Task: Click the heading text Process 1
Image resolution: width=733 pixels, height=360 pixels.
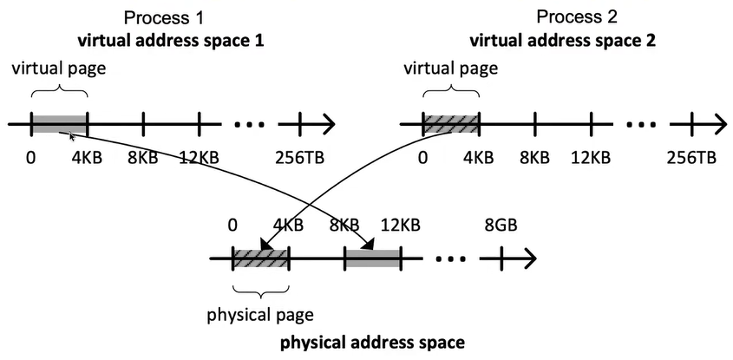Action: [x=164, y=17]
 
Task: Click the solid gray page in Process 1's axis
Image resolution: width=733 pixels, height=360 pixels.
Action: [x=59, y=124]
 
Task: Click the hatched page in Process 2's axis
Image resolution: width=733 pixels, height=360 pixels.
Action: [x=450, y=124]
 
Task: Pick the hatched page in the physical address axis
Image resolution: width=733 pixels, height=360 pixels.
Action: [x=261, y=258]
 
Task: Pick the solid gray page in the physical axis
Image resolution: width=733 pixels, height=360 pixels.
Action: [x=374, y=258]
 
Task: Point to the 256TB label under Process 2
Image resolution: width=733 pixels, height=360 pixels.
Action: [x=691, y=158]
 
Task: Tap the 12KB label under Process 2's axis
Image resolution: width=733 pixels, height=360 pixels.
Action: [x=591, y=158]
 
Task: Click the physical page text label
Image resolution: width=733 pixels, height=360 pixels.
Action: [x=260, y=313]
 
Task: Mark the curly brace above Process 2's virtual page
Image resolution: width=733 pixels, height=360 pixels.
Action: [x=450, y=91]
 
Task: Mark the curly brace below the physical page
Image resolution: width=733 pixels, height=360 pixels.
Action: [x=261, y=290]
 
